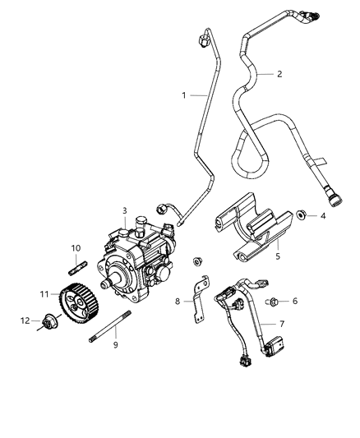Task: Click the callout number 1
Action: (x=183, y=95)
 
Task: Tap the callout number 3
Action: (x=124, y=210)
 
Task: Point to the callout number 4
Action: (x=323, y=216)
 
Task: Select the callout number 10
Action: (x=76, y=247)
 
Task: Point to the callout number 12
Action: (x=24, y=320)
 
